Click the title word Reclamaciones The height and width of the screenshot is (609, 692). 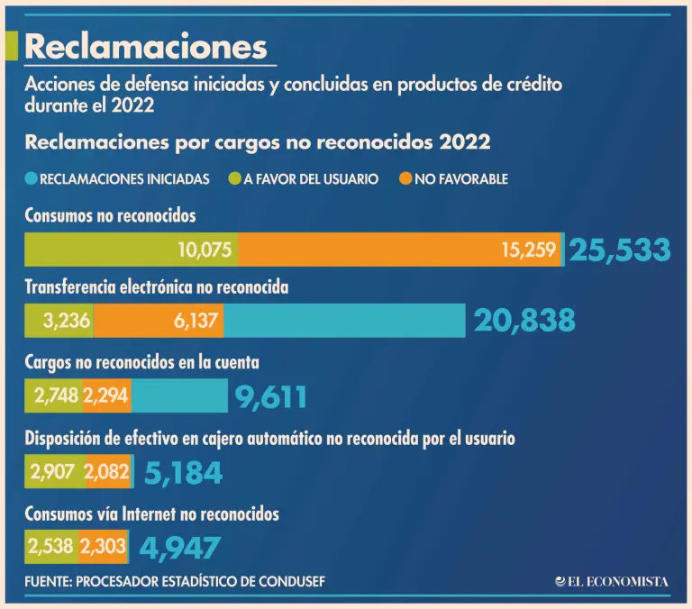(146, 46)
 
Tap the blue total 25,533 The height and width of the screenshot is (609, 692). (620, 250)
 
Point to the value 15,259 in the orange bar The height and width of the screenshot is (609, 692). (529, 250)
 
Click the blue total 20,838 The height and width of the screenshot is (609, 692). (524, 321)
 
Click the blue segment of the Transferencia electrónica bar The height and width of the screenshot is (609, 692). (344, 321)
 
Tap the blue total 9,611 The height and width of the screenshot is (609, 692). (271, 396)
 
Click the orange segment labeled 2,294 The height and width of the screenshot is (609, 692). (106, 396)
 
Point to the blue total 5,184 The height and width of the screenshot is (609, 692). (183, 472)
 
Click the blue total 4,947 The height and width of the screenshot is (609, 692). (179, 547)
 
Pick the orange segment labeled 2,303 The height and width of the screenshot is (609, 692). (103, 547)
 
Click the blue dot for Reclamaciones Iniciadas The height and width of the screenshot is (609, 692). (32, 179)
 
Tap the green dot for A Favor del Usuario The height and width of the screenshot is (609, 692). (223, 179)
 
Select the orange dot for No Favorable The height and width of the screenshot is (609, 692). (406, 179)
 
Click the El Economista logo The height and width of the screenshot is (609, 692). (612, 582)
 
